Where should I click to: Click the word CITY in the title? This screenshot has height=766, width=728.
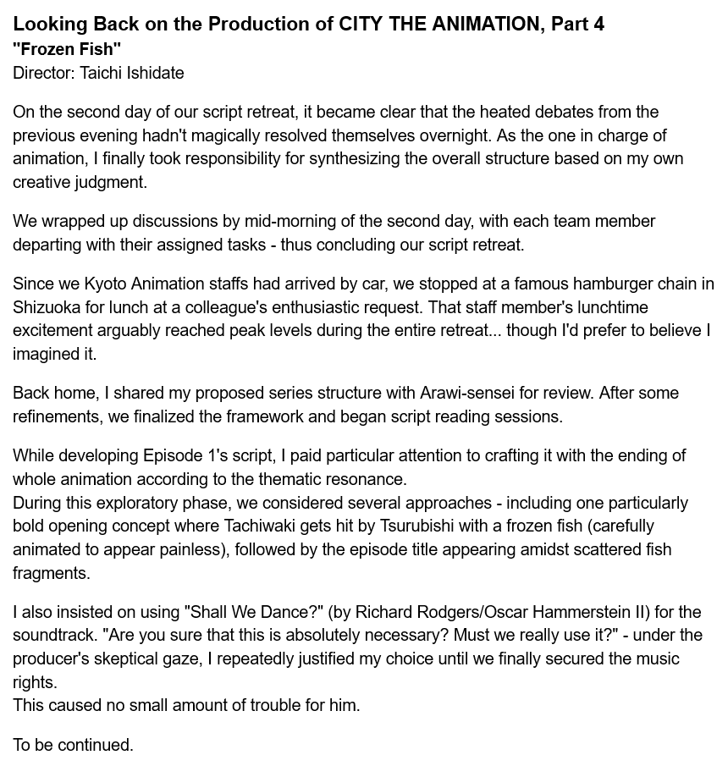click(361, 24)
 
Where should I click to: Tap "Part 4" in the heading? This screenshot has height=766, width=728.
click(577, 24)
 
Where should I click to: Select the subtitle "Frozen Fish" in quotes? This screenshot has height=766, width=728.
click(67, 49)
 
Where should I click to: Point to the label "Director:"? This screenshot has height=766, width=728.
click(44, 73)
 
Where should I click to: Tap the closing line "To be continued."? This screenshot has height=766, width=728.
click(73, 745)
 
